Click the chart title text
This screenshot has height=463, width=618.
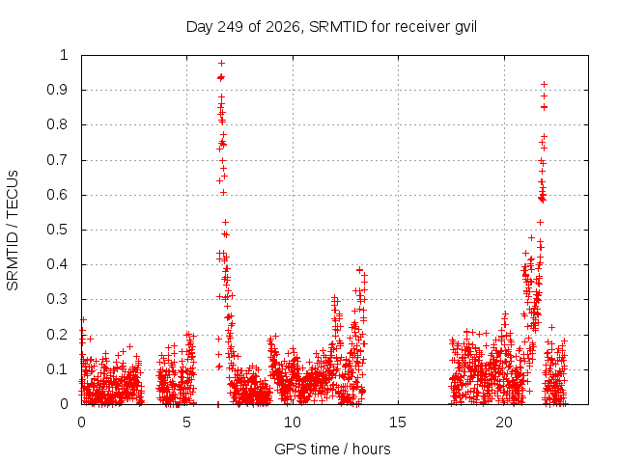tap(331, 27)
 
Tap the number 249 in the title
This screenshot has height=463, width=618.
tap(230, 27)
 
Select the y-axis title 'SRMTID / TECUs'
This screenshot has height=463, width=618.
tap(13, 231)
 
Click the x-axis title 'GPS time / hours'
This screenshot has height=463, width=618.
tap(332, 449)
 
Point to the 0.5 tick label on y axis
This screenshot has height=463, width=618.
tap(57, 230)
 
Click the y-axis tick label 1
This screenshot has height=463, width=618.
tap(64, 55)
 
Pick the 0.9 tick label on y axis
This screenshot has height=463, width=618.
tap(57, 90)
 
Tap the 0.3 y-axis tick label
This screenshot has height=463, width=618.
tap(57, 299)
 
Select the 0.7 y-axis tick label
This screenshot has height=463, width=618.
tap(57, 160)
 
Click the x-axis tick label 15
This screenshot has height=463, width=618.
tap(398, 422)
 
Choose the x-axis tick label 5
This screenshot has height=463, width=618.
tap(186, 422)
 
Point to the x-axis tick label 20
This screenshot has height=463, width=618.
tap(504, 422)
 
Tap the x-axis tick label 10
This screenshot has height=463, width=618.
tap(292, 422)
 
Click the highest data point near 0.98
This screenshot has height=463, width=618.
tap(221, 63)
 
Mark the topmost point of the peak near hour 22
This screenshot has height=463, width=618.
tap(544, 84)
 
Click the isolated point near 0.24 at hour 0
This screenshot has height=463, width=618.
tap(83, 319)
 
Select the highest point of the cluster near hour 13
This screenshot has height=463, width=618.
tap(359, 270)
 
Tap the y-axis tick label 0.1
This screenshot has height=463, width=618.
tap(57, 369)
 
